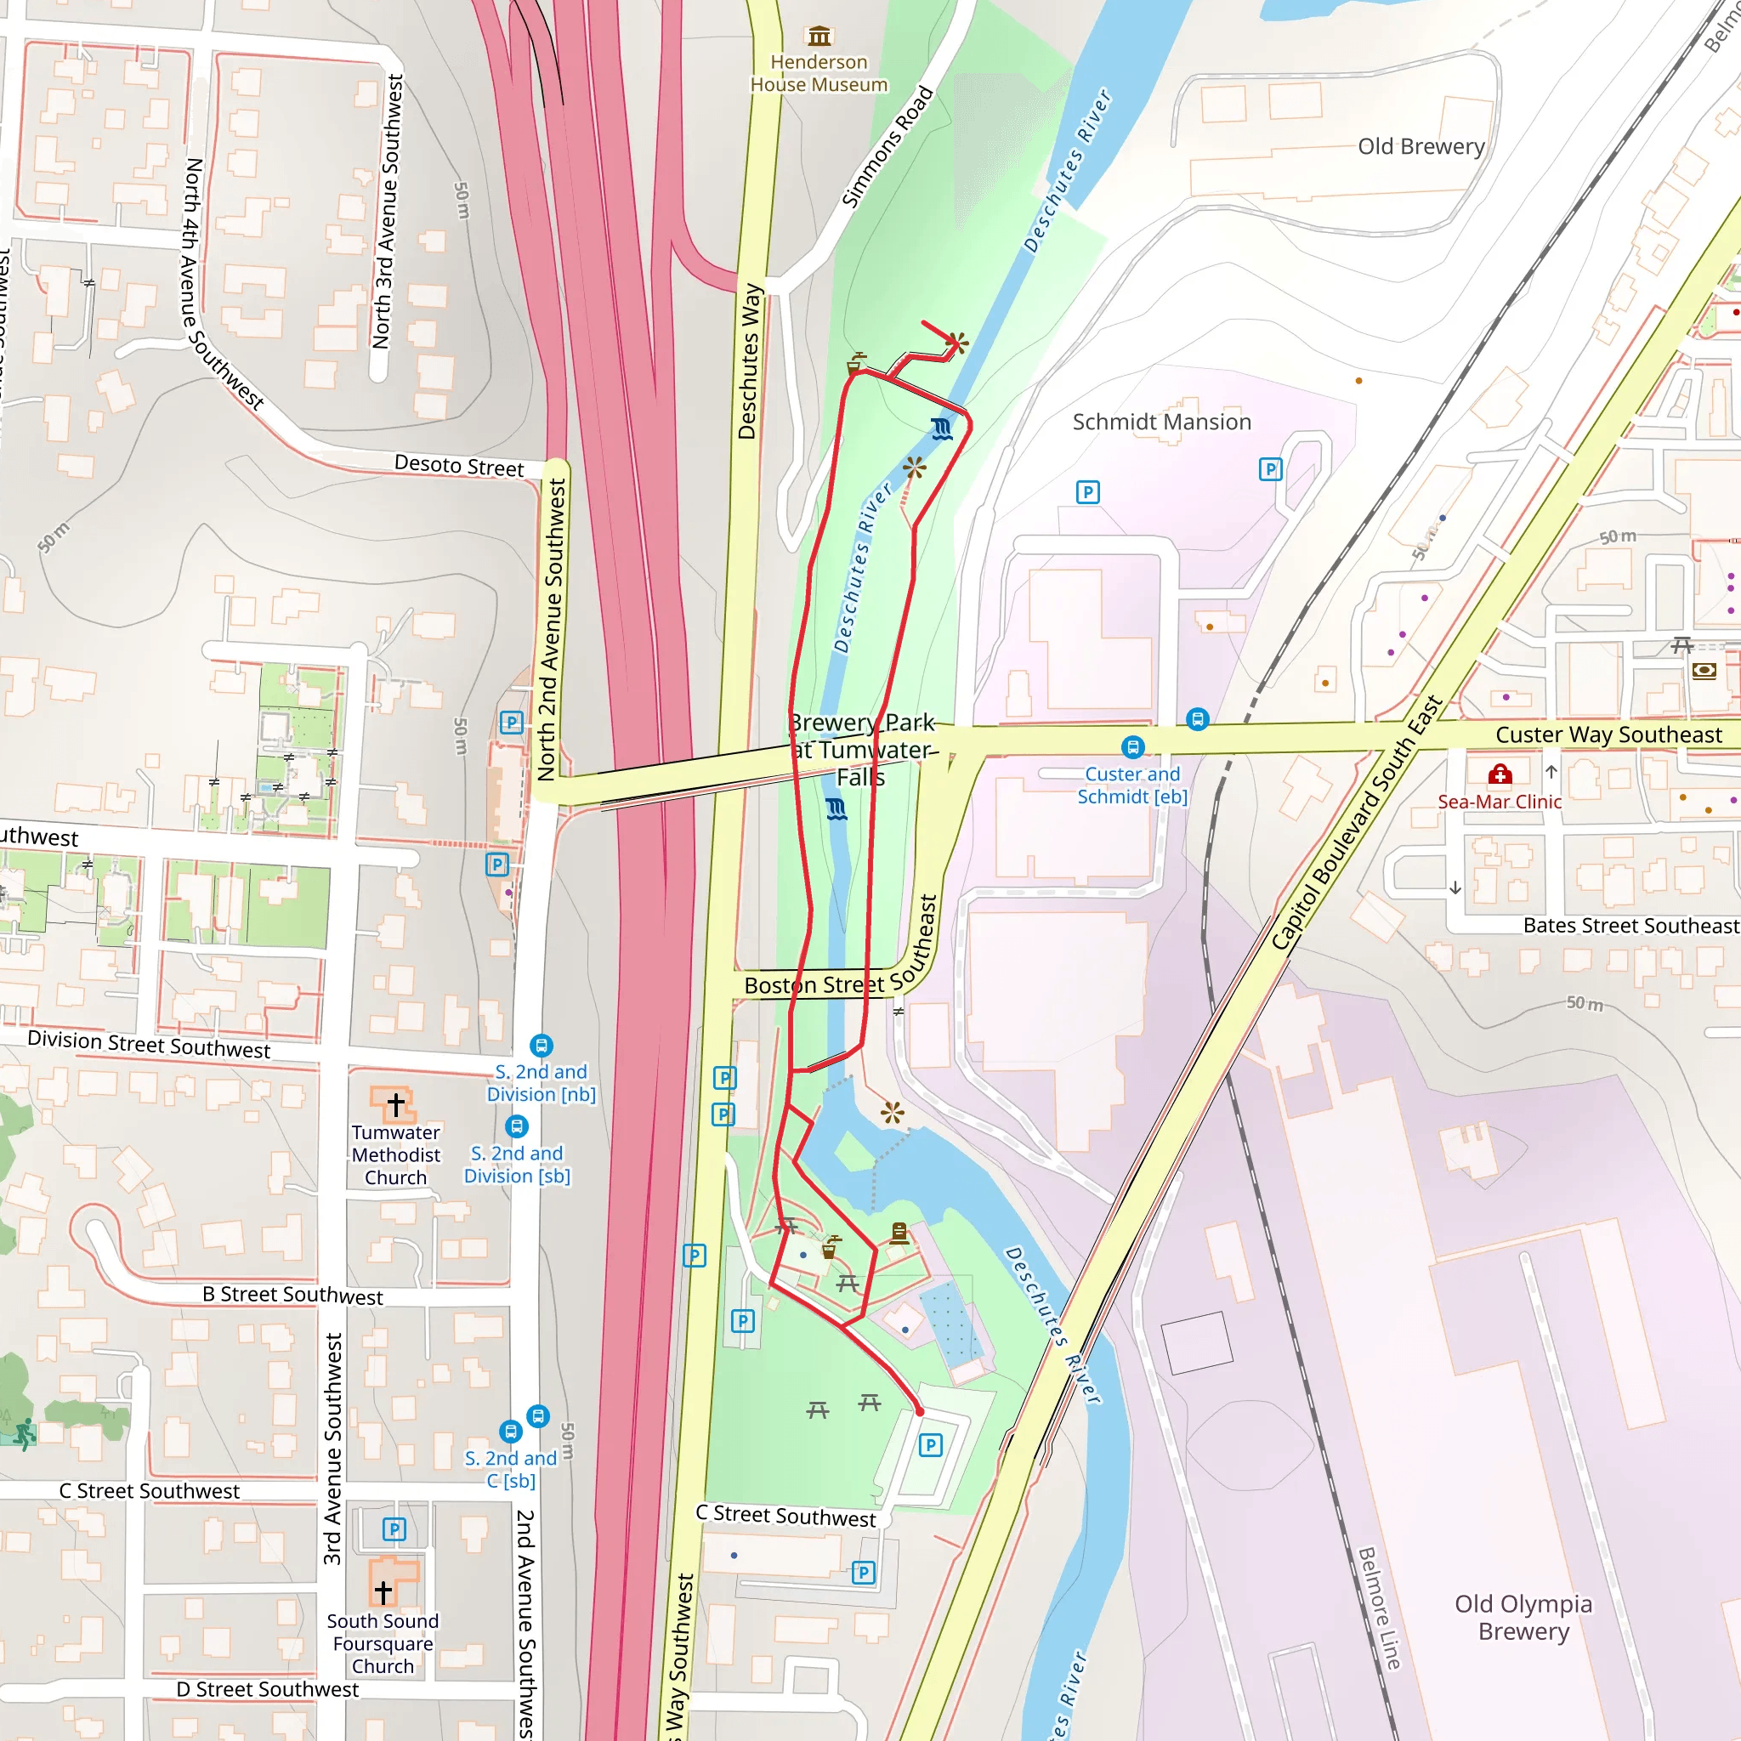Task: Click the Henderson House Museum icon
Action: (819, 36)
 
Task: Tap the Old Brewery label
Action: (1421, 146)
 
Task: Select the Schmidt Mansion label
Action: (1160, 422)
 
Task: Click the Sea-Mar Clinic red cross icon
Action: (1500, 774)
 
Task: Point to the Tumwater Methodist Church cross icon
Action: (395, 1104)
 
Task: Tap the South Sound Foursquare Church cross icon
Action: (383, 1592)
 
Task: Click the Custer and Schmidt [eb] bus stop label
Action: (1131, 785)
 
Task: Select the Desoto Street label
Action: (459, 465)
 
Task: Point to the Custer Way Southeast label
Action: (1608, 734)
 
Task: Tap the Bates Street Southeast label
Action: (1630, 926)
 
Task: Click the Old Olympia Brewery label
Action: (1523, 1618)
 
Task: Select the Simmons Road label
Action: (887, 147)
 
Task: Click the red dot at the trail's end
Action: (919, 1412)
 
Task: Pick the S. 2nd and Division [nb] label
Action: (541, 1082)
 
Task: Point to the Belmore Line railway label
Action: (1380, 1608)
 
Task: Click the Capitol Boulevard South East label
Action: (1356, 823)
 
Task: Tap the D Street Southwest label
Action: (267, 1690)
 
